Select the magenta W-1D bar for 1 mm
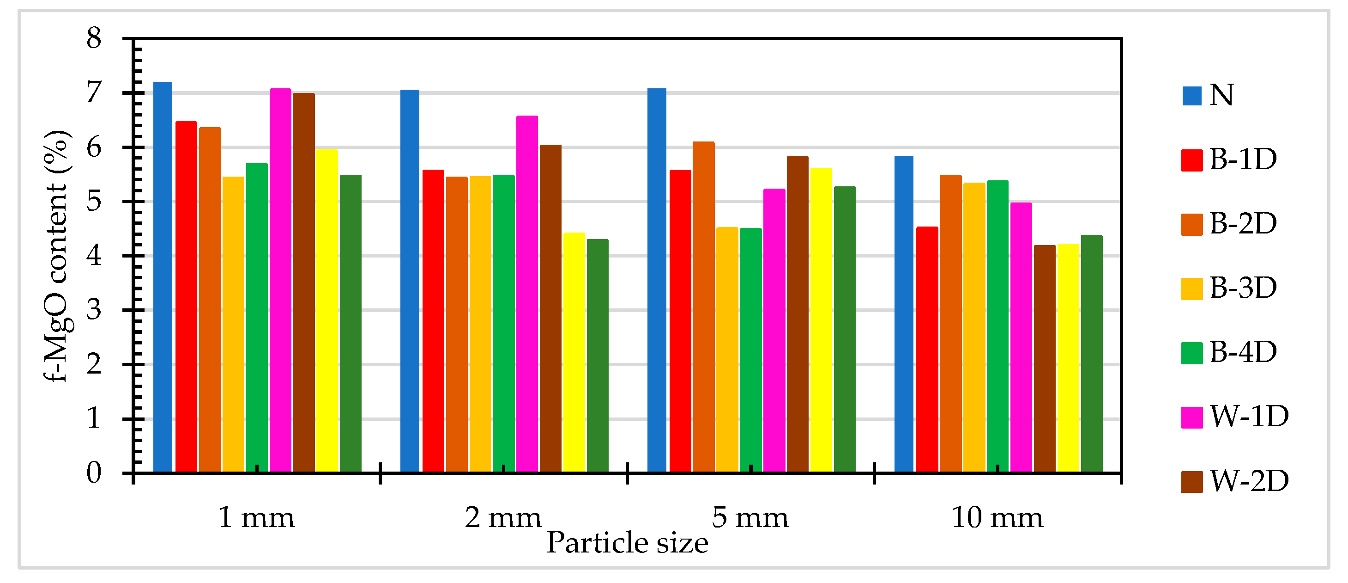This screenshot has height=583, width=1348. click(280, 280)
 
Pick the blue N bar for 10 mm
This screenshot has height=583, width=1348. click(903, 314)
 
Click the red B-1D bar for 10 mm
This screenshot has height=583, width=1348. click(927, 350)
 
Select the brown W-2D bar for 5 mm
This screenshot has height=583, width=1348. click(797, 314)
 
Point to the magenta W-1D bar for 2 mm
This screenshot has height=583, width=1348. click(527, 293)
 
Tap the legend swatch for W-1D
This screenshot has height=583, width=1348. click(1191, 417)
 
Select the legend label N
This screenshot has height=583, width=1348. click(1222, 95)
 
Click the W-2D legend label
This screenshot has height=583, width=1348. click(1249, 481)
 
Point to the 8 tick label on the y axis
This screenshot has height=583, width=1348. click(94, 38)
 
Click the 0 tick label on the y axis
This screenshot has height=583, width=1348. click(94, 473)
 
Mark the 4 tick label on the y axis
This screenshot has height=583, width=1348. click(94, 256)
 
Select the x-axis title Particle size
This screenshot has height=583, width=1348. click(627, 543)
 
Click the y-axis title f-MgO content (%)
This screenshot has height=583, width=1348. click(56, 257)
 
